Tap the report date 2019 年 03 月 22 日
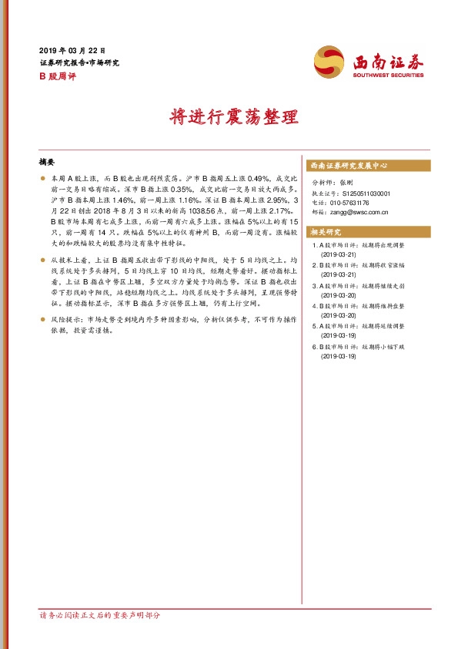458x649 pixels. click(x=71, y=50)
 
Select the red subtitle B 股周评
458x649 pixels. click(x=56, y=76)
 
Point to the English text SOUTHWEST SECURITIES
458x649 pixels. click(x=388, y=76)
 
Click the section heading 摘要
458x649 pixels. click(x=47, y=163)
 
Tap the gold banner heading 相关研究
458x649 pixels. click(x=325, y=231)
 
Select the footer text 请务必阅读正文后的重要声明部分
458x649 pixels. click(x=100, y=616)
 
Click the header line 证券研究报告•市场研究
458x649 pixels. click(x=79, y=62)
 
